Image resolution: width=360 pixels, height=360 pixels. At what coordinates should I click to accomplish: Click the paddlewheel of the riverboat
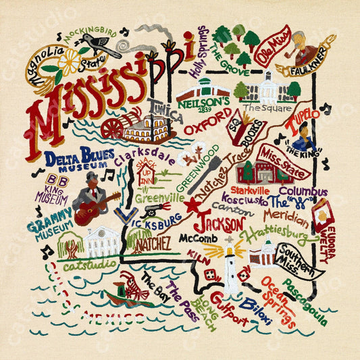click(x=114, y=128)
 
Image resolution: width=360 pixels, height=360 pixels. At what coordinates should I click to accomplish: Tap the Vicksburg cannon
click(x=153, y=209)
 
